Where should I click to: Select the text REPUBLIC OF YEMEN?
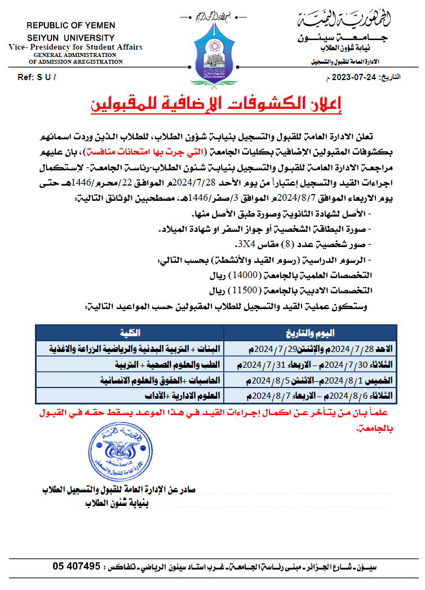click(71, 26)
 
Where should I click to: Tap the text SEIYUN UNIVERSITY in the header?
click(71, 37)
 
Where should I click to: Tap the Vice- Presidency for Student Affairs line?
click(76, 47)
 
